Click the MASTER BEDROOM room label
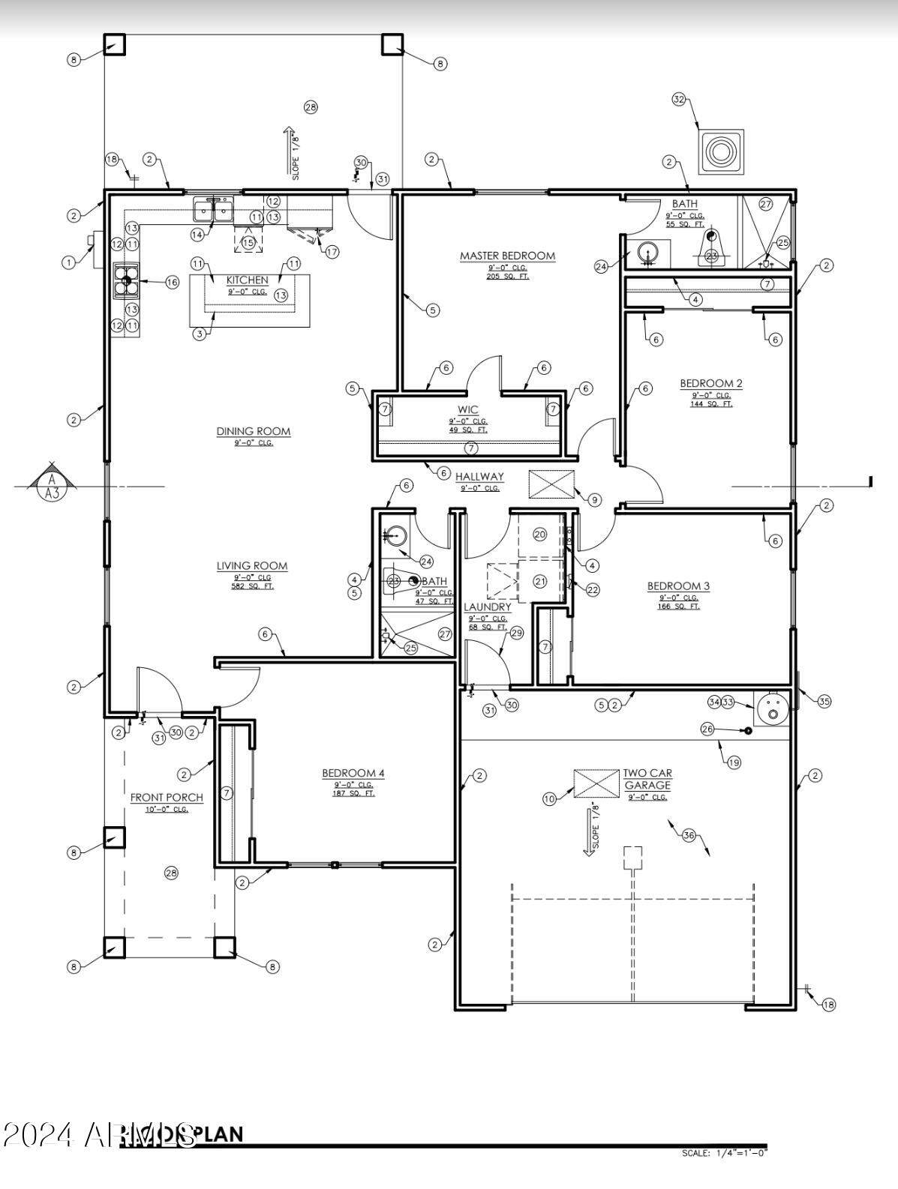pyautogui.click(x=507, y=256)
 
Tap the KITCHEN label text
pyautogui.click(x=247, y=280)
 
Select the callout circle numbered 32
pyautogui.click(x=679, y=99)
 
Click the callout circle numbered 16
pyautogui.click(x=172, y=282)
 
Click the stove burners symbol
pyautogui.click(x=127, y=281)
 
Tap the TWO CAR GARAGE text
pyautogui.click(x=647, y=779)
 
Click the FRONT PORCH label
pyautogui.click(x=167, y=798)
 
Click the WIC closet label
pyautogui.click(x=468, y=410)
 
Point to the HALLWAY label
pyautogui.click(x=479, y=477)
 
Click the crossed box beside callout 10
pyautogui.click(x=596, y=783)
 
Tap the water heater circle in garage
pyautogui.click(x=773, y=708)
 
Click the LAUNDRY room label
pyautogui.click(x=488, y=607)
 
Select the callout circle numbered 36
pyautogui.click(x=689, y=834)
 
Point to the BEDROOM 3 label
pyautogui.click(x=678, y=586)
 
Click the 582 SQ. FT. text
pyautogui.click(x=254, y=586)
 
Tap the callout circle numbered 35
pyautogui.click(x=824, y=702)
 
